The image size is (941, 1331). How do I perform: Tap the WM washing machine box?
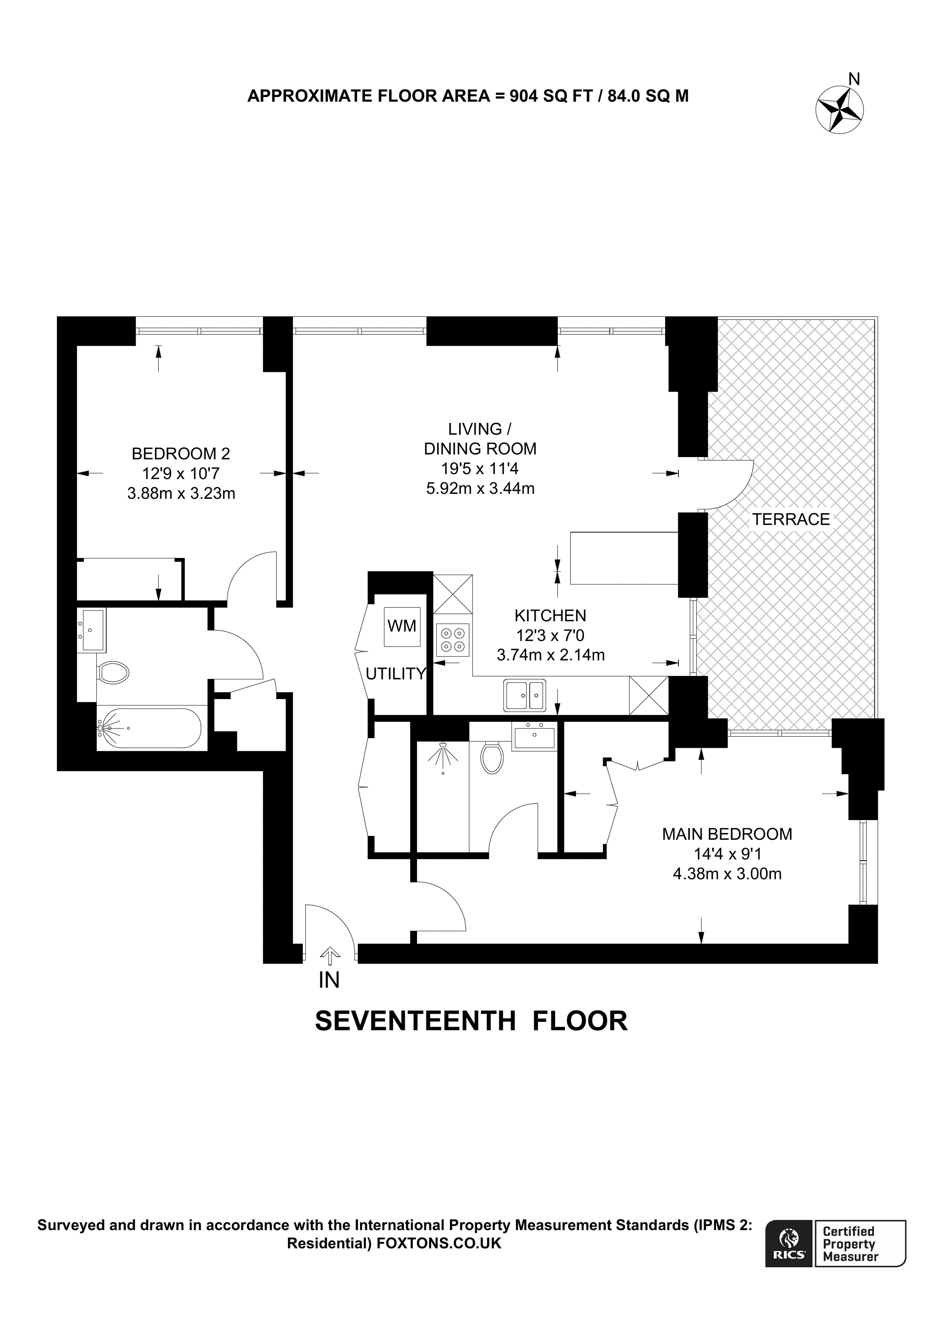(x=402, y=627)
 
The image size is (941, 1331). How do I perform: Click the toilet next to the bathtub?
(x=113, y=673)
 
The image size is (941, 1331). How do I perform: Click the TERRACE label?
(x=791, y=519)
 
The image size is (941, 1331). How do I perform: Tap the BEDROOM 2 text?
(x=181, y=453)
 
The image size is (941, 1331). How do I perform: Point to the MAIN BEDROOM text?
(x=727, y=834)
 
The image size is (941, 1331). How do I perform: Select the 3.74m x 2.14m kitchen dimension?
(x=551, y=655)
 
